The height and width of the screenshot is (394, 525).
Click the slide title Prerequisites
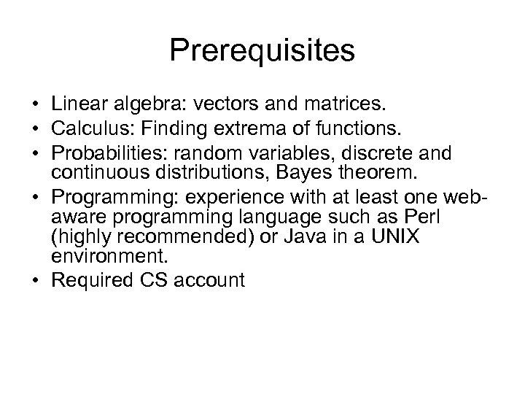point(262,51)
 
